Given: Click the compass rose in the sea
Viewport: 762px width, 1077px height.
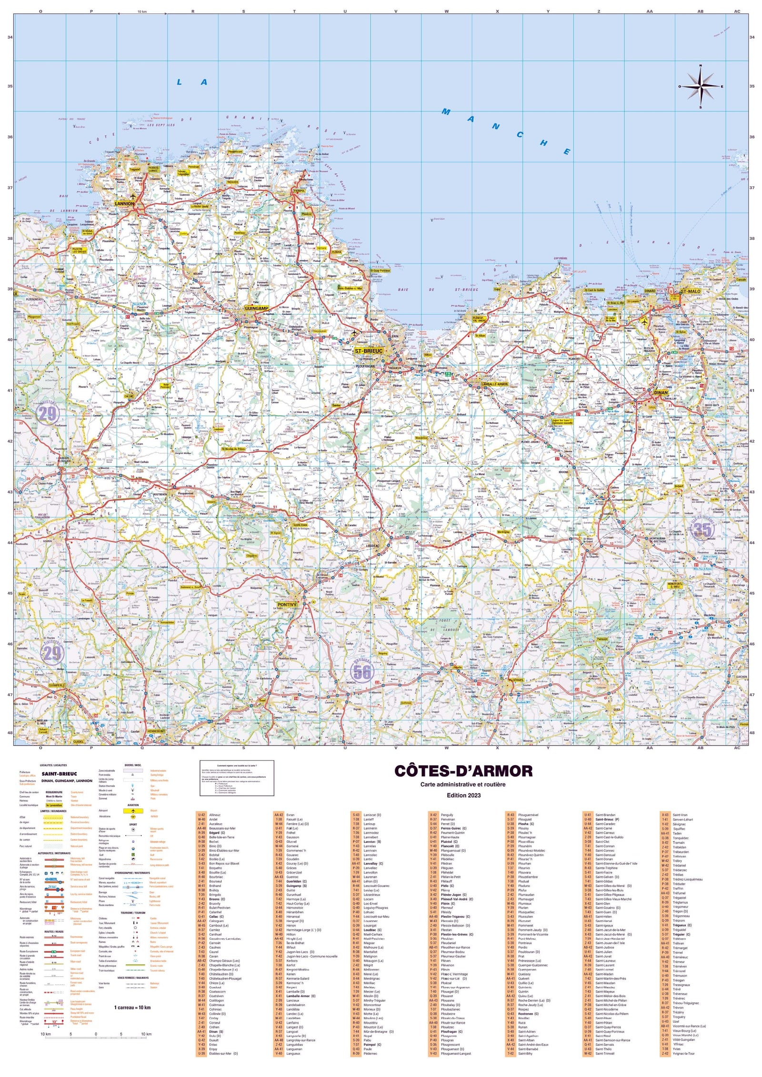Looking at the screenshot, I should coord(700,86).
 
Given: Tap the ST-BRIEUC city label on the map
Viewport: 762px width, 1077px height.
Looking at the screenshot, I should coord(369,351).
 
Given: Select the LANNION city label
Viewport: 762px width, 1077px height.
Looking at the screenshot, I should coord(124,203).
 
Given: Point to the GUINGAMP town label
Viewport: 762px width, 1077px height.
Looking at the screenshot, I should coord(257,309).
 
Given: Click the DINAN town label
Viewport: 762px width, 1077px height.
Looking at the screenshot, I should coord(661,393).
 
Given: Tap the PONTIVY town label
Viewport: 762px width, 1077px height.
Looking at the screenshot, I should coord(287,604).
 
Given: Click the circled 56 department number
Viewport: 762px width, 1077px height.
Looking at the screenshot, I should coord(361,671).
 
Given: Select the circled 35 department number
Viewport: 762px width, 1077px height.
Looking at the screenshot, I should coord(702,529).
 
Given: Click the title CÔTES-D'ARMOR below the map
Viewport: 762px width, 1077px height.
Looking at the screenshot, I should coord(463,771).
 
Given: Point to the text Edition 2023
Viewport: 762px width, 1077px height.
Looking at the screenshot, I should coord(463,795).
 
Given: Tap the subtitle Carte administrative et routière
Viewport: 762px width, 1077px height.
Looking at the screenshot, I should coord(463,784).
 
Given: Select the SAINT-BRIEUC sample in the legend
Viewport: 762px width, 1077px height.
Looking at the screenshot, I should coord(59,774).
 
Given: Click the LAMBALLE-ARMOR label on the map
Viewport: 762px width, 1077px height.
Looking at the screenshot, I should coord(494,384).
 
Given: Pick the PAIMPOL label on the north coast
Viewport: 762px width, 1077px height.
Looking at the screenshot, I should coord(299,190).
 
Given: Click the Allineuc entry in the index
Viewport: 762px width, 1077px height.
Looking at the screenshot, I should coord(215,815).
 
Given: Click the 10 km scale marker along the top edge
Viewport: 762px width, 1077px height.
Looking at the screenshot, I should coord(142,11).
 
